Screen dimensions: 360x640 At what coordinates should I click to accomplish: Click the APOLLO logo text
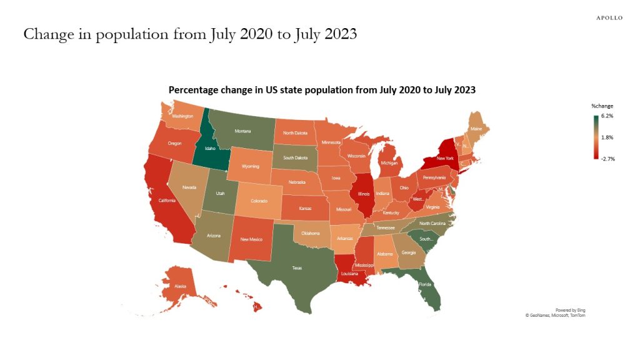click(609, 18)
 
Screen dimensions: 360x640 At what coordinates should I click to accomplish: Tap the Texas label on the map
click(297, 267)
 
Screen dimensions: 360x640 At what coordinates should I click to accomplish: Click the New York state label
click(444, 159)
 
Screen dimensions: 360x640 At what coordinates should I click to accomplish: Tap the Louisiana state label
click(350, 274)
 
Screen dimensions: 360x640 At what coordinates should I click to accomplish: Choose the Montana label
click(242, 131)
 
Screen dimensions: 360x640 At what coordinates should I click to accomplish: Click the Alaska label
click(180, 286)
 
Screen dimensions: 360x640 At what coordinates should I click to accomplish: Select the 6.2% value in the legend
click(607, 116)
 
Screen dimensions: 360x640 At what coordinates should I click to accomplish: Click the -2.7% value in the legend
click(607, 159)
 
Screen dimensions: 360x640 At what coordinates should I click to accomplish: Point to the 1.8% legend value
click(607, 137)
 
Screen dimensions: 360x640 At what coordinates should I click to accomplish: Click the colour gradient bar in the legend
click(596, 137)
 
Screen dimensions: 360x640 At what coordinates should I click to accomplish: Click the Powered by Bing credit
click(570, 310)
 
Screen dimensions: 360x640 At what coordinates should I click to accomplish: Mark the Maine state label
click(476, 129)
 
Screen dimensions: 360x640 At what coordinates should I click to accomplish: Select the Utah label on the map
click(221, 194)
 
